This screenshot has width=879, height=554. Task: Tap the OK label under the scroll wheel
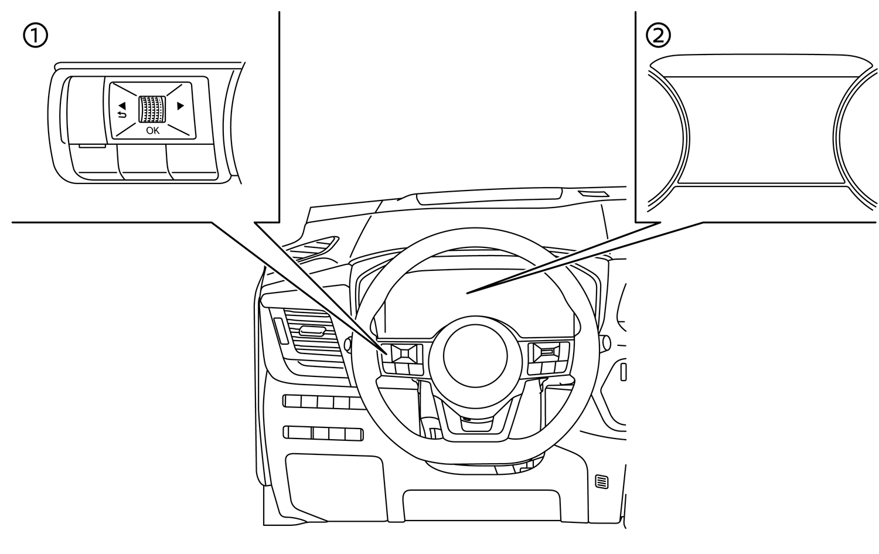click(152, 131)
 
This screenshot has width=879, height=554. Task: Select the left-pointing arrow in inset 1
click(124, 106)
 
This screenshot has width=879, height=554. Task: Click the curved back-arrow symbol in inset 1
click(121, 114)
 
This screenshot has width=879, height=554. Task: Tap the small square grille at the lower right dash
click(601, 482)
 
